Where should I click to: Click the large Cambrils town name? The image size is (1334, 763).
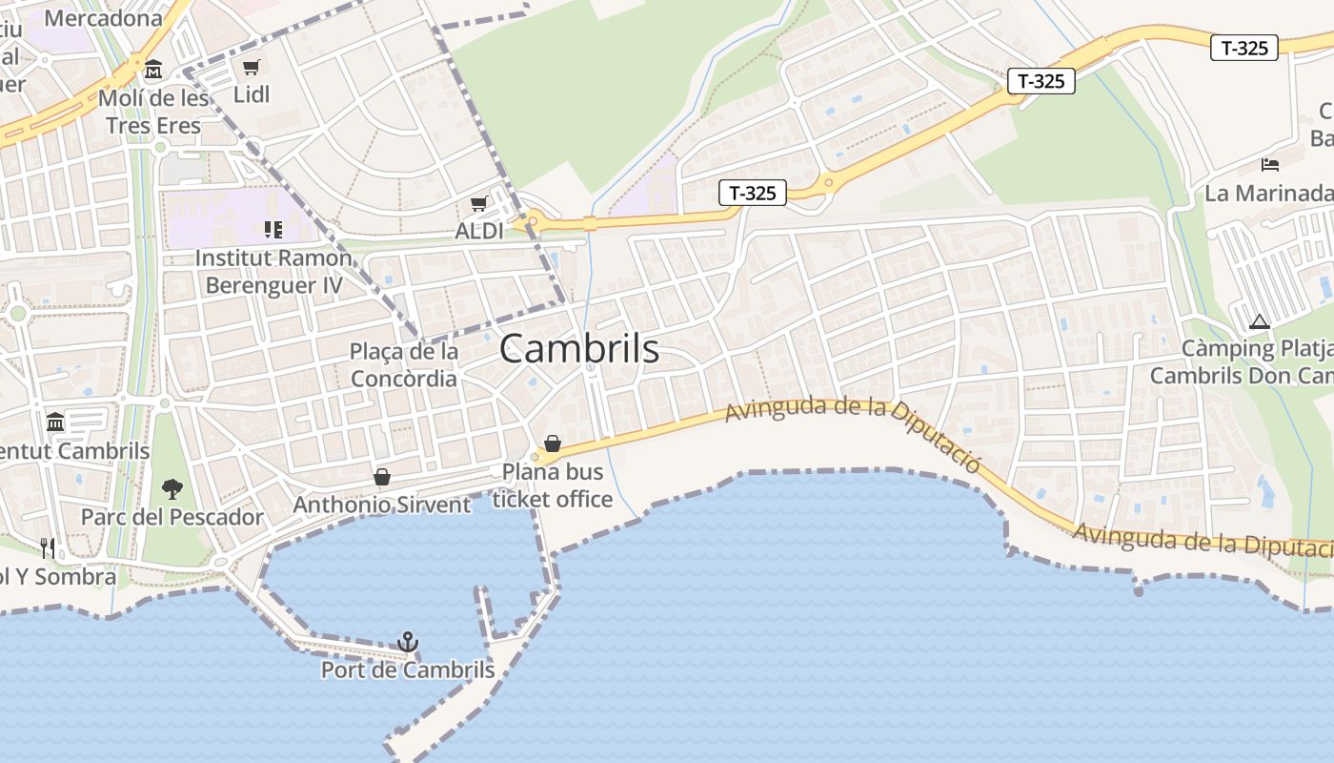pyautogui.click(x=579, y=349)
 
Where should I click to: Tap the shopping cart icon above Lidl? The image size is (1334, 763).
pyautogui.click(x=251, y=67)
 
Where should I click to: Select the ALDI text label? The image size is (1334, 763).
pyautogui.click(x=479, y=231)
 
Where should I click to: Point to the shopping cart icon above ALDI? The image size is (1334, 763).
pyautogui.click(x=479, y=203)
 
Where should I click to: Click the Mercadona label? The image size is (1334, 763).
pyautogui.click(x=103, y=18)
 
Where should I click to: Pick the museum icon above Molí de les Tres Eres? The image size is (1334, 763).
pyautogui.click(x=153, y=70)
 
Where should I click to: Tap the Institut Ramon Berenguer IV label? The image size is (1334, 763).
pyautogui.click(x=273, y=272)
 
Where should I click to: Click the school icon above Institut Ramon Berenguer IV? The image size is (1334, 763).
pyautogui.click(x=273, y=230)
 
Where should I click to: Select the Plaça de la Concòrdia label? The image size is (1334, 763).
pyautogui.click(x=404, y=365)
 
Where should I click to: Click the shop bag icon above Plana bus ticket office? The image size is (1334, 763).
pyautogui.click(x=552, y=443)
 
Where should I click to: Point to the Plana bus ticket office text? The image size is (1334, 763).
pyautogui.click(x=553, y=485)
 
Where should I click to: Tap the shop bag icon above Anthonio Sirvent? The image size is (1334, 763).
pyautogui.click(x=382, y=476)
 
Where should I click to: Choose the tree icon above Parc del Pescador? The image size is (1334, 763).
pyautogui.click(x=172, y=489)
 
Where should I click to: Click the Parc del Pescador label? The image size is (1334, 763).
pyautogui.click(x=172, y=518)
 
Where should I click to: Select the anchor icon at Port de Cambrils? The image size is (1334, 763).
pyautogui.click(x=408, y=642)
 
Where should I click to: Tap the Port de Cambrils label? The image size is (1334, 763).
pyautogui.click(x=408, y=670)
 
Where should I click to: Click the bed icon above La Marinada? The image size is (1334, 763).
pyautogui.click(x=1269, y=165)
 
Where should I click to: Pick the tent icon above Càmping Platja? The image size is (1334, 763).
pyautogui.click(x=1260, y=322)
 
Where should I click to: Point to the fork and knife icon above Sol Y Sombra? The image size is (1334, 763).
pyautogui.click(x=48, y=547)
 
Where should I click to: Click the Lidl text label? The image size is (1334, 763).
pyautogui.click(x=252, y=94)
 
